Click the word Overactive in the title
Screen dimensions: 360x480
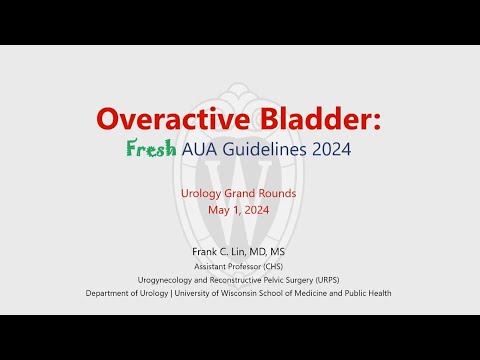pyautogui.click(x=167, y=119)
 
